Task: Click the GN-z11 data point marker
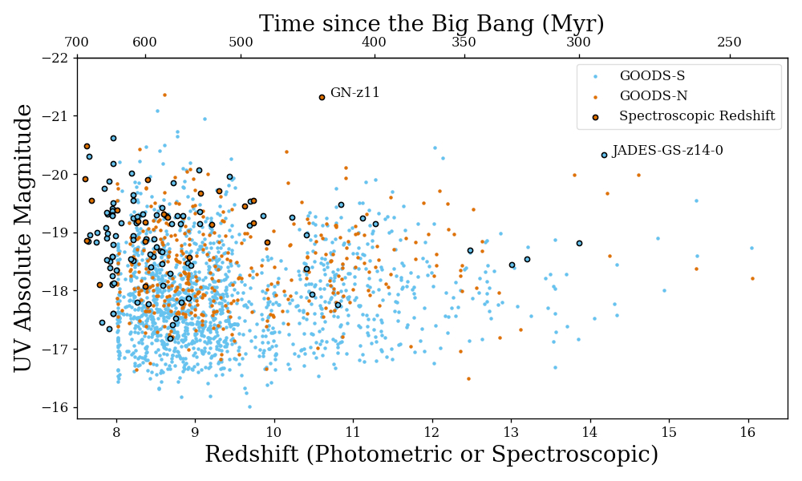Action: coord(322,97)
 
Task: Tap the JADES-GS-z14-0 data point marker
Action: coord(604,155)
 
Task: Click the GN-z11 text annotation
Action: coord(354,93)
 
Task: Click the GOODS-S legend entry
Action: coord(652,76)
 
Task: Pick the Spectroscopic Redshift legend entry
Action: coord(696,116)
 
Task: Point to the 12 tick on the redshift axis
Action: coord(432,418)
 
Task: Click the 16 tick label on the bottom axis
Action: coord(747,431)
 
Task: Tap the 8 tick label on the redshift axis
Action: coord(116,431)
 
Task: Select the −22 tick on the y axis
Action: coord(77,58)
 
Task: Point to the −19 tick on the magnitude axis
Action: coord(77,232)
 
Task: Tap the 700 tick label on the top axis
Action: coord(76,42)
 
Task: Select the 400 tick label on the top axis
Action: coord(375,42)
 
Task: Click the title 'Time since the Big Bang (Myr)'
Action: coord(431,24)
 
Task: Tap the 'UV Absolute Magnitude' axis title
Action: coord(24,238)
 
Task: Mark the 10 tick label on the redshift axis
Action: coord(274,431)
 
